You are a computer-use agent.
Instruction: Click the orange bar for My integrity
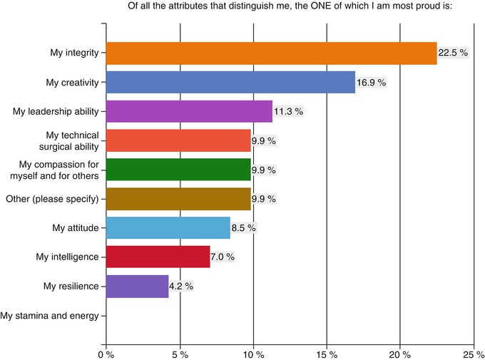(271, 53)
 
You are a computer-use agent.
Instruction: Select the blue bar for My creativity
(230, 82)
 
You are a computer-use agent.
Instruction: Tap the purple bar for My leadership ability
(189, 111)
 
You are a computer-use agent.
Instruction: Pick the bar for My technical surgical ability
(178, 140)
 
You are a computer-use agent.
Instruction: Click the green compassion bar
(178, 170)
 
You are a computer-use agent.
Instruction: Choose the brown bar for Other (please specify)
(178, 199)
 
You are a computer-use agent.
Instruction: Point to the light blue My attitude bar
(168, 228)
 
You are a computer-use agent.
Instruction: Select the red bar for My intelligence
(158, 257)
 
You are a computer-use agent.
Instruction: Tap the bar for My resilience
(137, 287)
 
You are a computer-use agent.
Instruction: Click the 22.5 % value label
(453, 53)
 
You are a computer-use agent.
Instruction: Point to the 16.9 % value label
(371, 82)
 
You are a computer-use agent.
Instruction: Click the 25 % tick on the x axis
(473, 352)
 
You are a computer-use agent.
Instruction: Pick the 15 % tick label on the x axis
(326, 352)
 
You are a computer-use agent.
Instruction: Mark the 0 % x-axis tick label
(106, 352)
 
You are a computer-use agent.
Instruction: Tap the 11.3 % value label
(289, 111)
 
